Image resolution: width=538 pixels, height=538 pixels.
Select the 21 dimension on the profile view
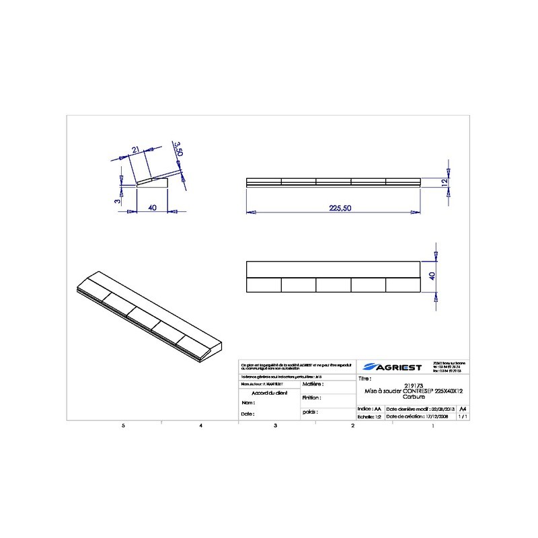pos(136,149)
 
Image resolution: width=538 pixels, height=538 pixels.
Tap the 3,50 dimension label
pos(178,149)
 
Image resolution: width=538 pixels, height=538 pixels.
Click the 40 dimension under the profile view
pos(153,208)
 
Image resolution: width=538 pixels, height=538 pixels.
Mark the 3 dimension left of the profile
pos(116,200)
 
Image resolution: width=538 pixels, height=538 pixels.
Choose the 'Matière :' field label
pos(313,385)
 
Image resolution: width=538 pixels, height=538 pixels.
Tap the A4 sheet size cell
pos(462,408)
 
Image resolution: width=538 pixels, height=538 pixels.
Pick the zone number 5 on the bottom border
pos(122,426)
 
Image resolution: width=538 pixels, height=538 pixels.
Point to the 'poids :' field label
pos(310,411)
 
